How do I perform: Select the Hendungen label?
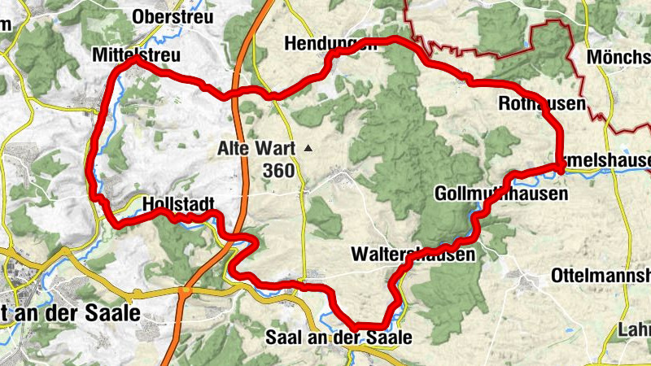[330, 43]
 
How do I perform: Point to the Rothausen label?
[540, 103]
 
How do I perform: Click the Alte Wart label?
[256, 149]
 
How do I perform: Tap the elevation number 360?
[278, 170]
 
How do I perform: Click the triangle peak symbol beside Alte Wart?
[308, 149]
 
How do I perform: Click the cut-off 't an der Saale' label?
[70, 313]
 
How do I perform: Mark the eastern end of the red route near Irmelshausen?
[561, 168]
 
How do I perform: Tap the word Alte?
[234, 149]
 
